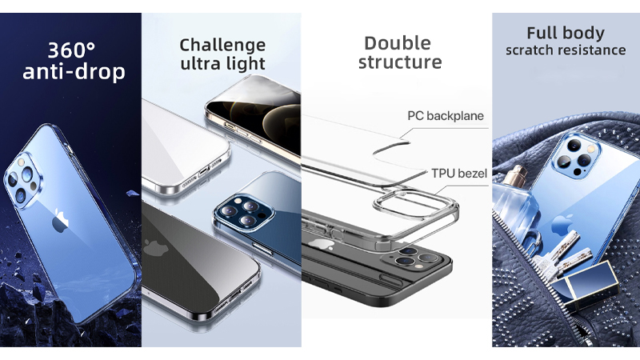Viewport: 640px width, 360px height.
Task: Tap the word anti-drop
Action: coord(74,73)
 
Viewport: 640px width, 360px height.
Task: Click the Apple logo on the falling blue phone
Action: coord(60,222)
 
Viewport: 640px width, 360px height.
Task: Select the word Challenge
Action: coord(222,44)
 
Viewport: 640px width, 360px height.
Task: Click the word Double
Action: coord(398,42)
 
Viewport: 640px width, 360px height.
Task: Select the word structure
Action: coord(399,62)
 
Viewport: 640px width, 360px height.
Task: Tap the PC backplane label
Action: coord(446,116)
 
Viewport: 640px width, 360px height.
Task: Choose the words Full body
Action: coord(566,34)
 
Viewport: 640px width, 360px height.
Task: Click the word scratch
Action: coord(533,50)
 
